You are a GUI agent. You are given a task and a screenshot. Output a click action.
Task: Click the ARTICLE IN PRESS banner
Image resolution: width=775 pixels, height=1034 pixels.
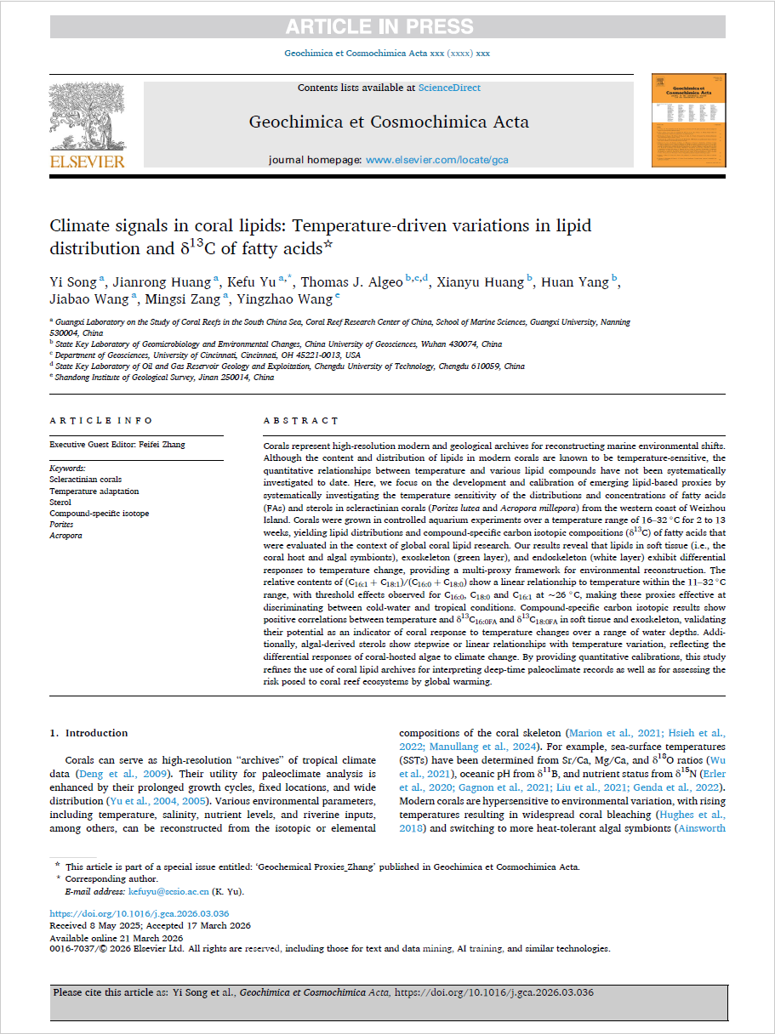pyautogui.click(x=379, y=27)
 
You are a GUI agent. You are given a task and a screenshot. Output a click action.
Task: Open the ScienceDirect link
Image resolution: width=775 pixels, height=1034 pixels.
pyautogui.click(x=448, y=88)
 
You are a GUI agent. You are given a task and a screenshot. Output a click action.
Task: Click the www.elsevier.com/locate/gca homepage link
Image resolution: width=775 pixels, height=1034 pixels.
pyautogui.click(x=436, y=159)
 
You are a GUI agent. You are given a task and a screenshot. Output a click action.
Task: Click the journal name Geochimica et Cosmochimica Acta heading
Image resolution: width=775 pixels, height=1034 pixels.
pyautogui.click(x=389, y=122)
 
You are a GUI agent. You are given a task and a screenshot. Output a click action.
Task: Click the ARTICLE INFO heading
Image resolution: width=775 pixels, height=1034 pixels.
pyautogui.click(x=101, y=421)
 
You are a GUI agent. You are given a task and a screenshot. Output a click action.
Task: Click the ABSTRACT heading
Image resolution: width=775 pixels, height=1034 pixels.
pyautogui.click(x=300, y=421)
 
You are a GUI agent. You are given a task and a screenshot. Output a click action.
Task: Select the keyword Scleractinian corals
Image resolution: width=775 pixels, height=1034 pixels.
pyautogui.click(x=85, y=480)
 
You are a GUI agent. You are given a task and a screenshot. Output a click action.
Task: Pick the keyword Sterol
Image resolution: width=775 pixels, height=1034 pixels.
pyautogui.click(x=61, y=502)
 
